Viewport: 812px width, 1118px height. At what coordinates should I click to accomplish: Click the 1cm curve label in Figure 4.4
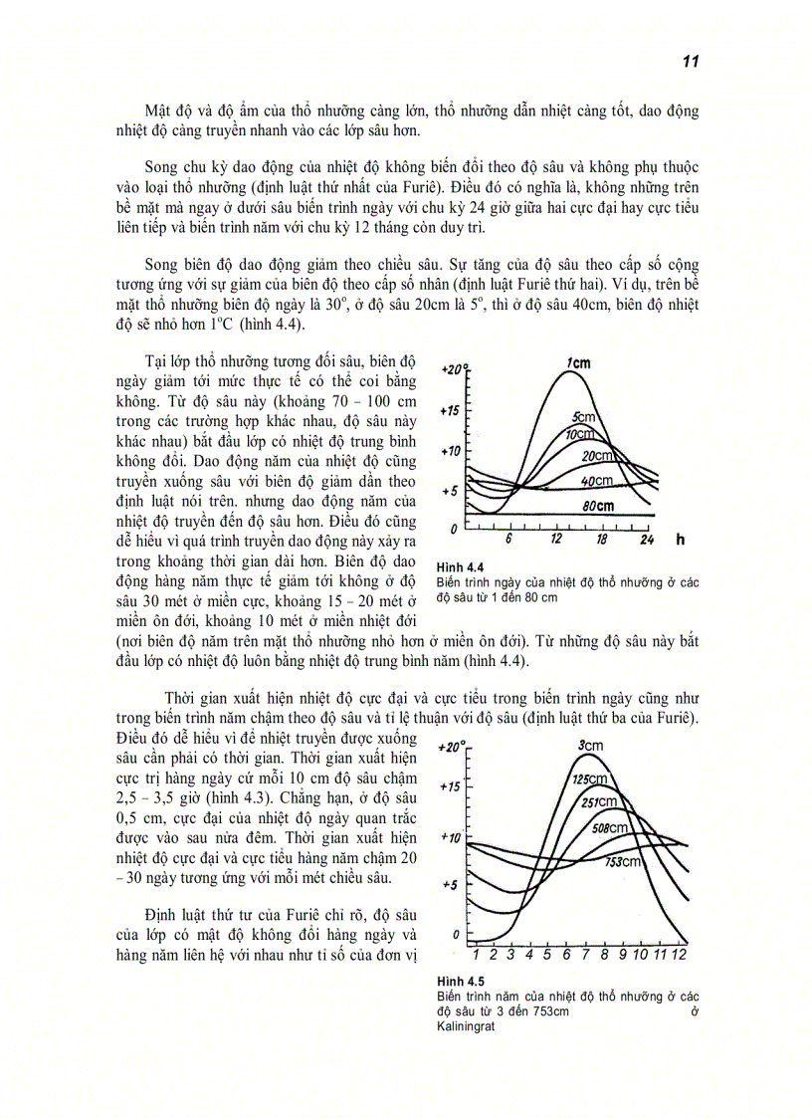click(579, 363)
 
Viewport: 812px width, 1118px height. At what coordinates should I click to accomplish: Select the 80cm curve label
click(599, 506)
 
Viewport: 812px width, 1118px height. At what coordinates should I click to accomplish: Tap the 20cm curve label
click(623, 455)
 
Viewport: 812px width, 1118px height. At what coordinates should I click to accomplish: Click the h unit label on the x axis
click(680, 540)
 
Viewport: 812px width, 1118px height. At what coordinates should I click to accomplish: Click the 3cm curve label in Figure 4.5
click(590, 746)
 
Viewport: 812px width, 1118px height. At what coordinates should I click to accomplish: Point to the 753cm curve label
click(624, 861)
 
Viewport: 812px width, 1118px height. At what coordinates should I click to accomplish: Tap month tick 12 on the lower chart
click(680, 955)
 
